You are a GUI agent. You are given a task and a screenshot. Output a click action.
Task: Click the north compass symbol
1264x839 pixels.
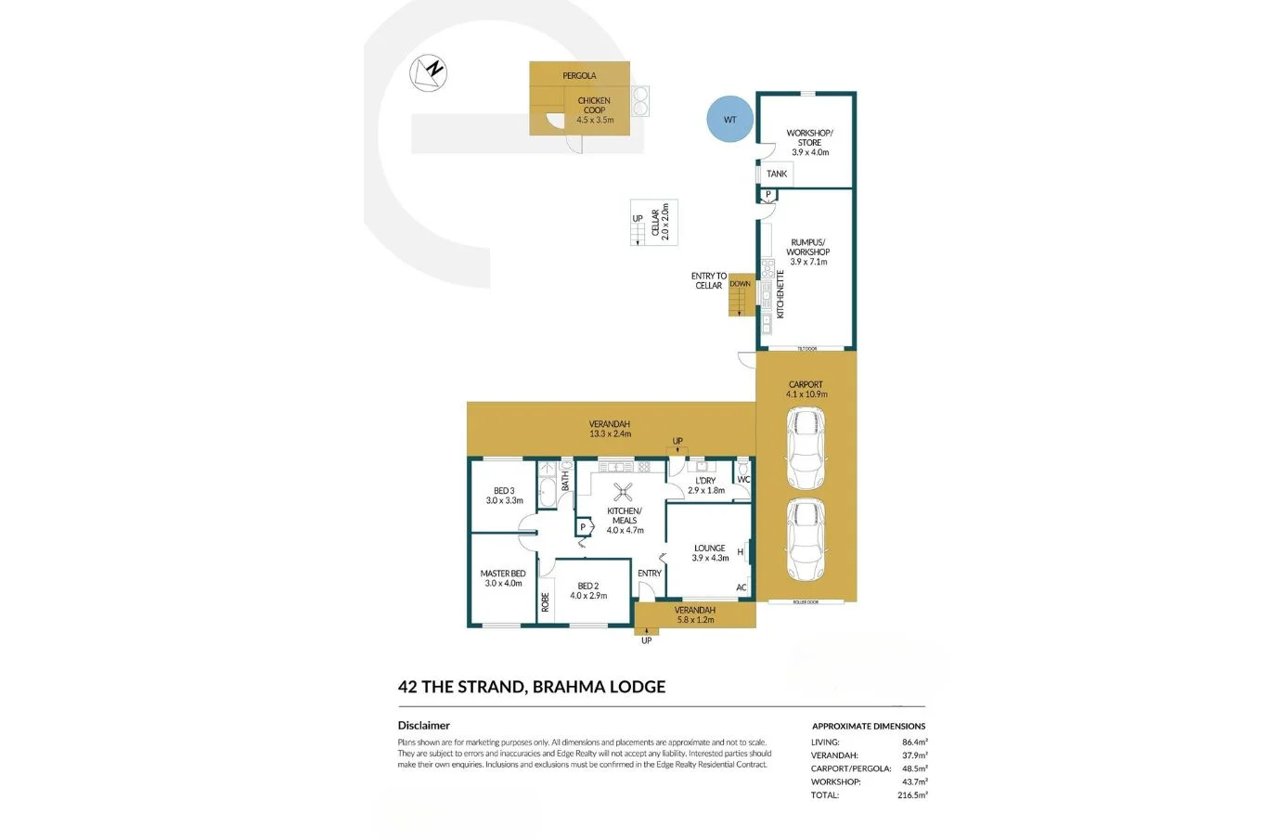click(430, 72)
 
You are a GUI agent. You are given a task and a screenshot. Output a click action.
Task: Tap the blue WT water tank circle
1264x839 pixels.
click(730, 120)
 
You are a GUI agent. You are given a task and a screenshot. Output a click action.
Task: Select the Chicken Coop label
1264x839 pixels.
click(594, 110)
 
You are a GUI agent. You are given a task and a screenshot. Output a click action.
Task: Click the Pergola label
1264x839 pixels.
click(579, 75)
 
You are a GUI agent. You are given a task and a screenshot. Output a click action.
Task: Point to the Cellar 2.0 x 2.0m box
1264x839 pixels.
click(655, 223)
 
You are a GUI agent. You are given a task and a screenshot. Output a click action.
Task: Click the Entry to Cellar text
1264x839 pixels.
click(709, 280)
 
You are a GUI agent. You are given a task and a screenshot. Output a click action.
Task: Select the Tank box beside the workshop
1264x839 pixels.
click(776, 174)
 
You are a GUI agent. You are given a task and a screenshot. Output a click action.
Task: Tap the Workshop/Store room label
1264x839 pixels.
click(809, 142)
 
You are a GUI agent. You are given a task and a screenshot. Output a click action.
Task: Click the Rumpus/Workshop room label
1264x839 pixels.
click(807, 252)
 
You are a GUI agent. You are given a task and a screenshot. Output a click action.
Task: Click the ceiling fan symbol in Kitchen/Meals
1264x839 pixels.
click(626, 494)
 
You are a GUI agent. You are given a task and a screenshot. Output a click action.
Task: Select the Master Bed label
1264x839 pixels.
click(503, 578)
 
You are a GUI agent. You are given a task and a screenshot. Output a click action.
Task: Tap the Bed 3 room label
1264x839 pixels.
click(504, 496)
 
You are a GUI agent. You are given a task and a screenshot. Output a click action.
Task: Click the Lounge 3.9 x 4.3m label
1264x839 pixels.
click(710, 553)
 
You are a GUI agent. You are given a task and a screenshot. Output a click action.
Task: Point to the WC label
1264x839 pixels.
click(742, 480)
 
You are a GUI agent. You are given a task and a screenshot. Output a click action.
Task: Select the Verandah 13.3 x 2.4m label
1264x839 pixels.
click(610, 429)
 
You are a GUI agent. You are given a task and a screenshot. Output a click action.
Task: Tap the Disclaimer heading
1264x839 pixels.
click(423, 726)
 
